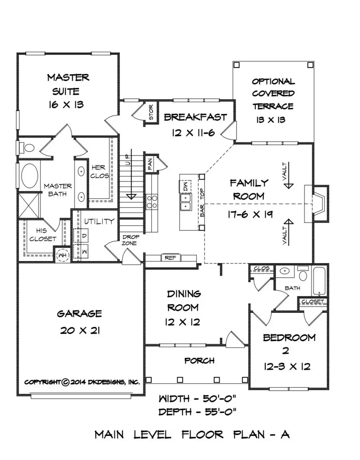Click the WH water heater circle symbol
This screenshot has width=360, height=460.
(62, 255)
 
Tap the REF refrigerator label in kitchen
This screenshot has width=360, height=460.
(170, 258)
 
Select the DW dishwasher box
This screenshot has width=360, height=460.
(185, 186)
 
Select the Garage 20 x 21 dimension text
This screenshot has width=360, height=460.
(79, 330)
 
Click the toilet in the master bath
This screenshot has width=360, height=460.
(28, 148)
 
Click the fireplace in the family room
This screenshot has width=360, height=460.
(316, 204)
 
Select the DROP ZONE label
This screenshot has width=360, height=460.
(130, 240)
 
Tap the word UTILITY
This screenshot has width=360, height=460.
(99, 221)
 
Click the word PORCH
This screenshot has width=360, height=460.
(199, 360)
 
